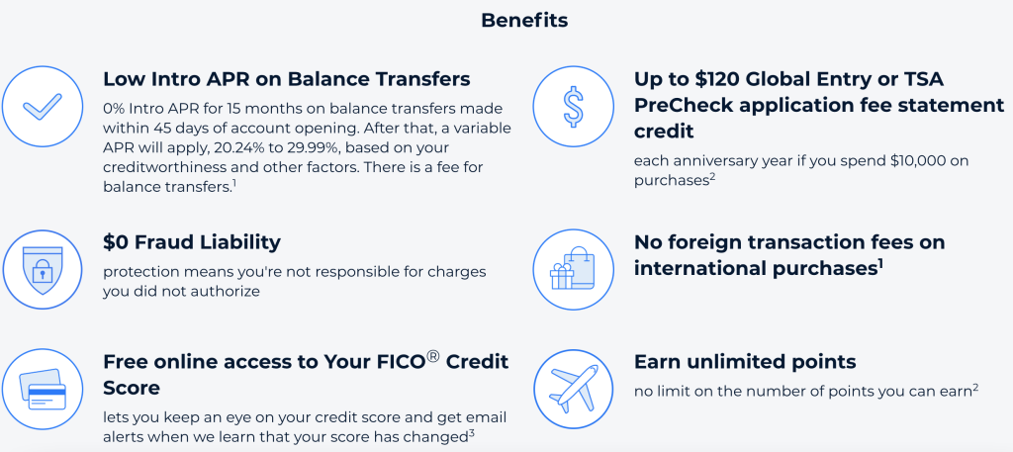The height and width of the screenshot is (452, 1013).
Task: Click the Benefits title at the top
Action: (524, 20)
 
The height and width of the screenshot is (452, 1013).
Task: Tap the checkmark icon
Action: (42, 107)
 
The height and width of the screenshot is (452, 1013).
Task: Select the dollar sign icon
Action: (573, 107)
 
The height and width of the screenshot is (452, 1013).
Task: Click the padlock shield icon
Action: (42, 270)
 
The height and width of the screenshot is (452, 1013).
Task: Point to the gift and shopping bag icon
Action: (573, 270)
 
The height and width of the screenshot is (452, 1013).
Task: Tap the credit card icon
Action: (42, 390)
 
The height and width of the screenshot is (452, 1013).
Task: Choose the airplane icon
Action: (573, 390)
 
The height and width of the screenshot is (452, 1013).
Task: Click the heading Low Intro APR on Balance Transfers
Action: (287, 79)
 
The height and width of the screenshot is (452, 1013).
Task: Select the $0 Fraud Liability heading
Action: (192, 242)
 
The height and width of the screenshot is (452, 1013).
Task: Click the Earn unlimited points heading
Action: (745, 362)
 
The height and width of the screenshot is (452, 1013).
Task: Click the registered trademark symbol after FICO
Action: (433, 356)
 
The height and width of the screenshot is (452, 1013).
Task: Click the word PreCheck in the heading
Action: (678, 105)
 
